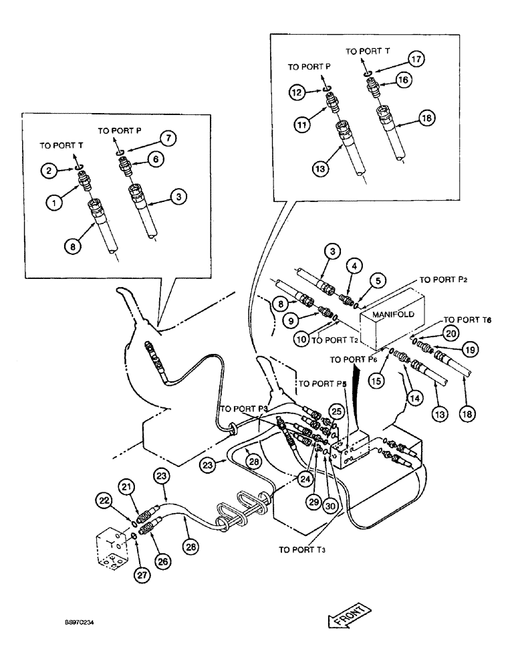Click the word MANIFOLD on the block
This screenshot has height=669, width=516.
(389, 313)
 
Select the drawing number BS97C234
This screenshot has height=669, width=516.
(78, 622)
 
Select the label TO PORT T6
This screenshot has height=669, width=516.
(468, 320)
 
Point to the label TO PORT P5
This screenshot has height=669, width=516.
(320, 384)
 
